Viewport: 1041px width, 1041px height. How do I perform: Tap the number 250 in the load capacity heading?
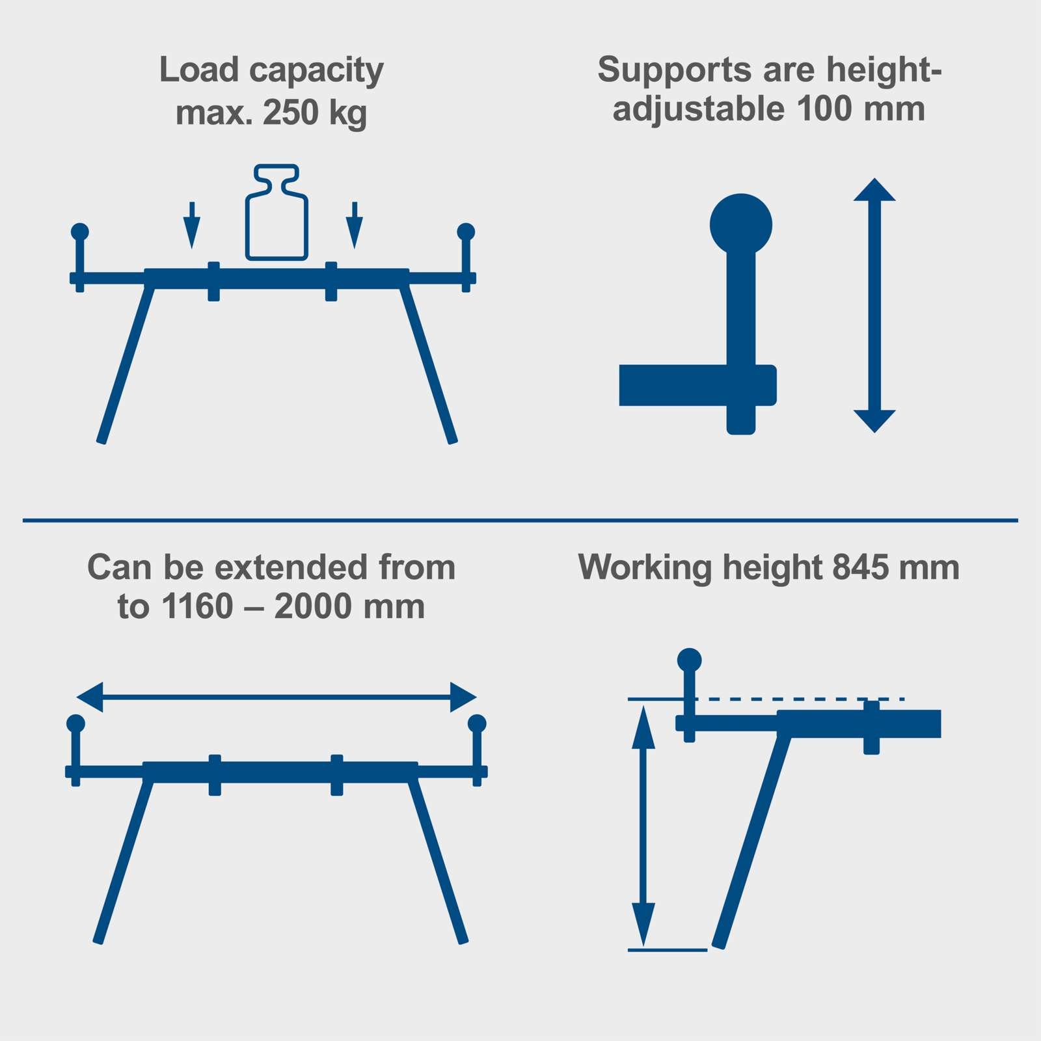(x=291, y=113)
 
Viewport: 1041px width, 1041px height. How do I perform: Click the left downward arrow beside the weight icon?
(x=191, y=225)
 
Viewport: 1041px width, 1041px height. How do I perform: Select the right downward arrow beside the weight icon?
(x=354, y=225)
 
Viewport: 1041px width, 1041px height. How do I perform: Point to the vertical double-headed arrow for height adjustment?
(x=874, y=305)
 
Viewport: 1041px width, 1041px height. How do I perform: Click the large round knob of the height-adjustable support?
(x=741, y=224)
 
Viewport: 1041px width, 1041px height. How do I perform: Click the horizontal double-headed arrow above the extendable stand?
(x=277, y=697)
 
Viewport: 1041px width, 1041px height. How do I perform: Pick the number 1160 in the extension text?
(x=197, y=607)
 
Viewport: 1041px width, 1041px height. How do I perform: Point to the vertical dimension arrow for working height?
(x=643, y=826)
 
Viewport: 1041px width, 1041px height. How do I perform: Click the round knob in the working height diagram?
(x=690, y=660)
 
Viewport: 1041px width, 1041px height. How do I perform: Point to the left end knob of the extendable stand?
(x=76, y=723)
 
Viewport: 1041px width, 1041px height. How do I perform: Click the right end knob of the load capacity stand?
(x=466, y=232)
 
